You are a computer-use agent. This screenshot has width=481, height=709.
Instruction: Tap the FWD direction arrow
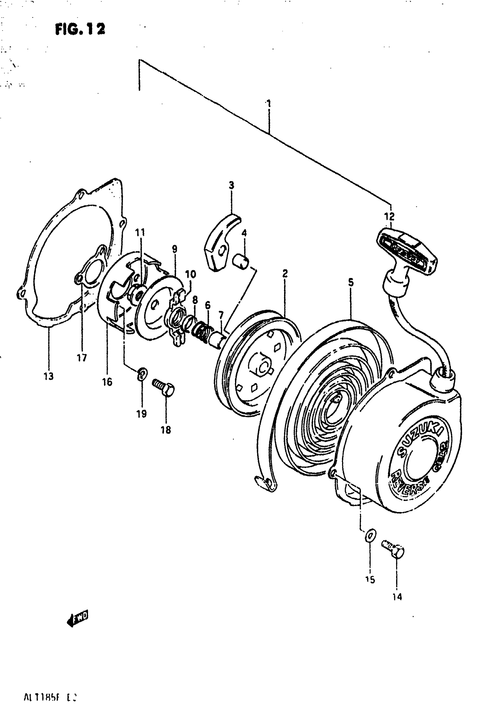[78, 619]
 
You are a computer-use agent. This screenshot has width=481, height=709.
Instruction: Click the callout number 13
[48, 376]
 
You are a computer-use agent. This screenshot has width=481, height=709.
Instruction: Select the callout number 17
[82, 357]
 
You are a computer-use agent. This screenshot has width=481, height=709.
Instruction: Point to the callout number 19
[141, 414]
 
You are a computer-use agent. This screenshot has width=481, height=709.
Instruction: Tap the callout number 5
[351, 282]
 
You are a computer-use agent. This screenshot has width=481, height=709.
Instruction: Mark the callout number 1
[269, 103]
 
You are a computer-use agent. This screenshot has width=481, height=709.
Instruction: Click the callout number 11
[140, 232]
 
